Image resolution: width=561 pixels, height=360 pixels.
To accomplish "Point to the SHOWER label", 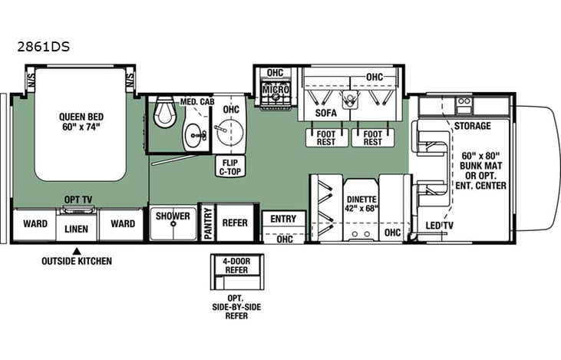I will pos(173,216).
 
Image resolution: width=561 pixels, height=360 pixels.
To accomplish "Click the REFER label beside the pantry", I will pos(235,223).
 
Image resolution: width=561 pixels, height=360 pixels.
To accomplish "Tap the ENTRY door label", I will pos(283,219).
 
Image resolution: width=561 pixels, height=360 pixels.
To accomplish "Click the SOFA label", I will pos(325,113).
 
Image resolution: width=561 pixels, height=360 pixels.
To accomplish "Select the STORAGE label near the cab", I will pos(472,125).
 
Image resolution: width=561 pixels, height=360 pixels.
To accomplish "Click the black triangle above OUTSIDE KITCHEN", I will pos(77,250).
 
